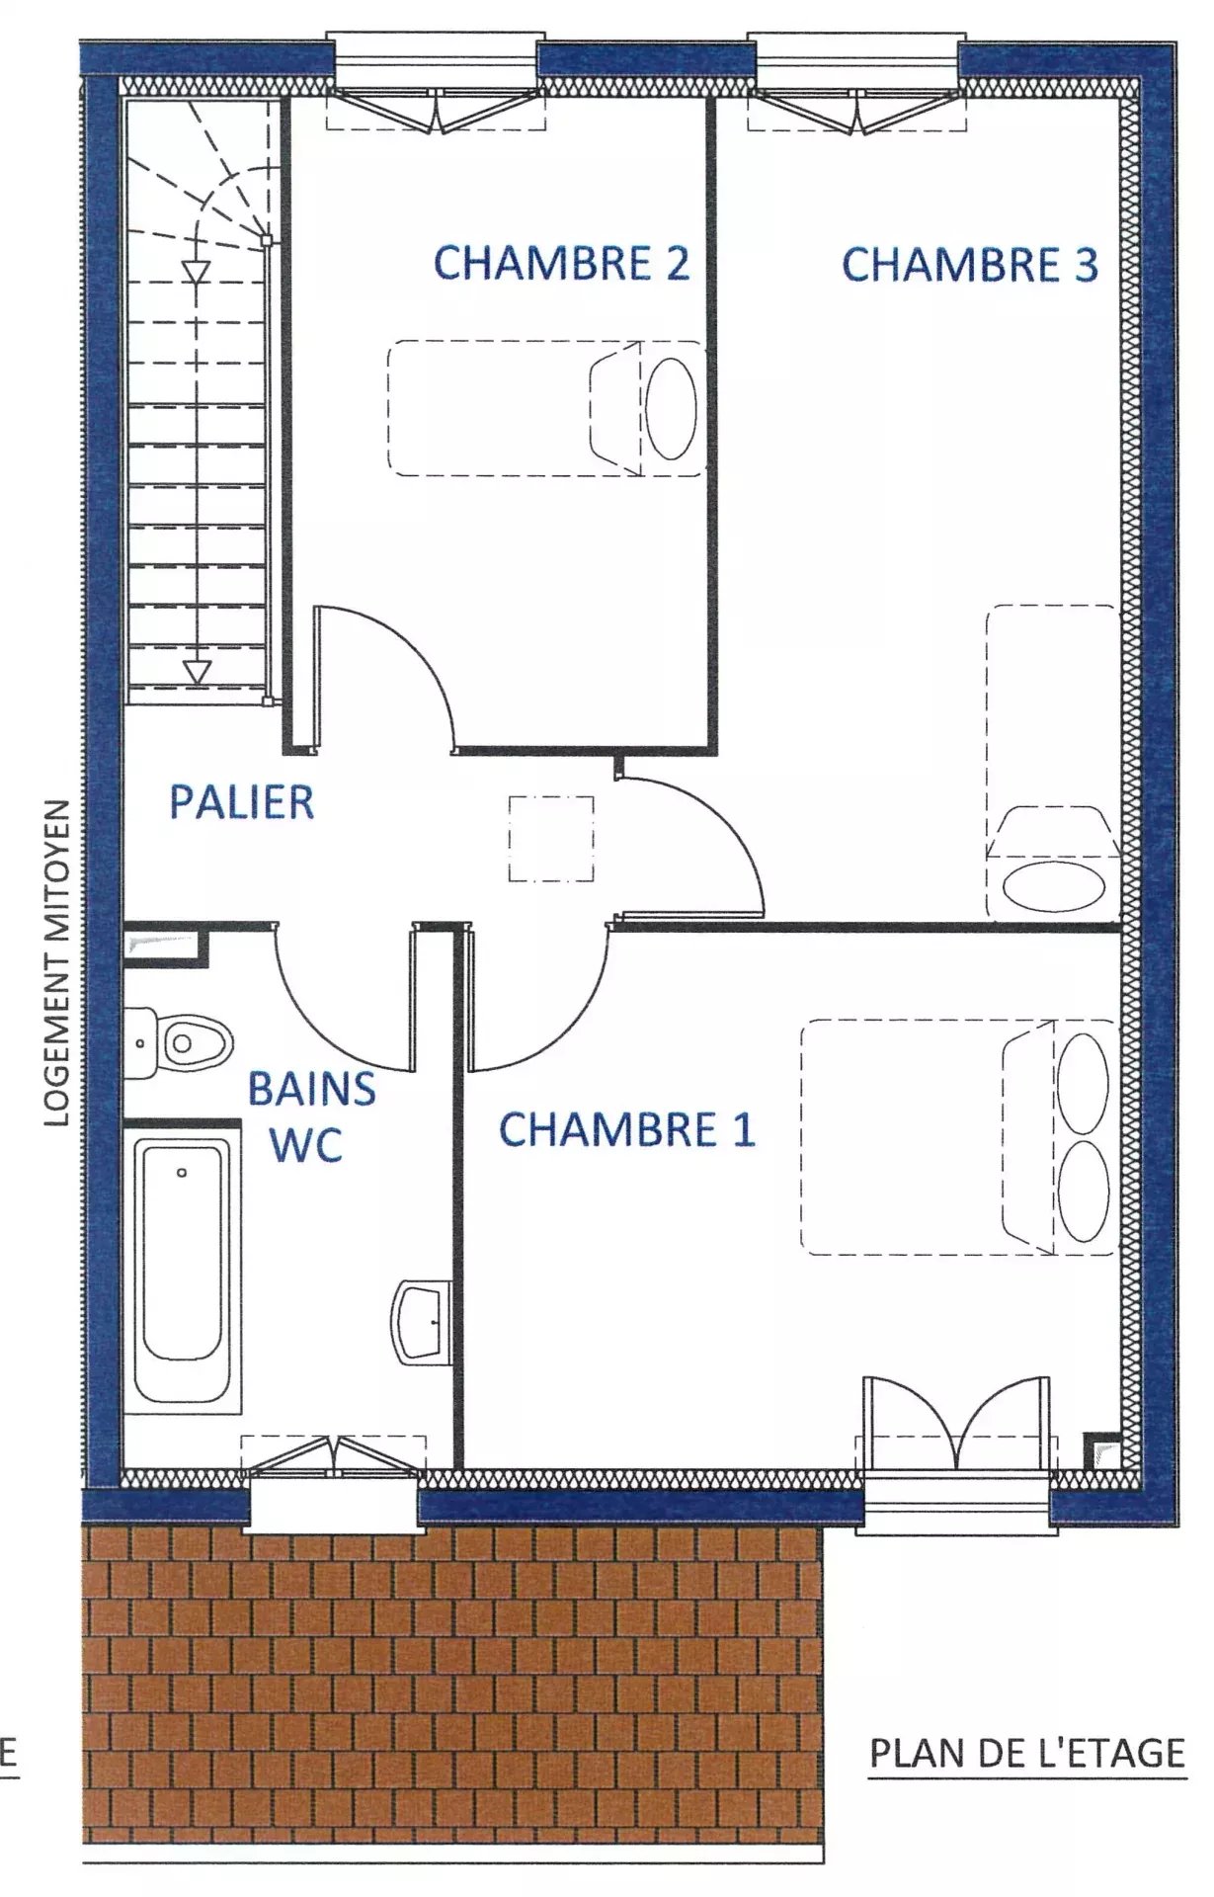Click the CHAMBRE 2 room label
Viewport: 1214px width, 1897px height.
click(x=562, y=264)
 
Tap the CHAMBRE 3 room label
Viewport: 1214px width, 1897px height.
click(x=970, y=265)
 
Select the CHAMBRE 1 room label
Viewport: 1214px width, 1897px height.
click(x=627, y=1129)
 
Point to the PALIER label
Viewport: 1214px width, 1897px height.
click(x=242, y=801)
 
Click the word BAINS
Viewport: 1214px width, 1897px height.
click(x=311, y=1089)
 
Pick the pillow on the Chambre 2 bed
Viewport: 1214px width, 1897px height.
click(x=671, y=408)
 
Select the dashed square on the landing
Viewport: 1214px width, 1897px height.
click(x=551, y=838)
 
